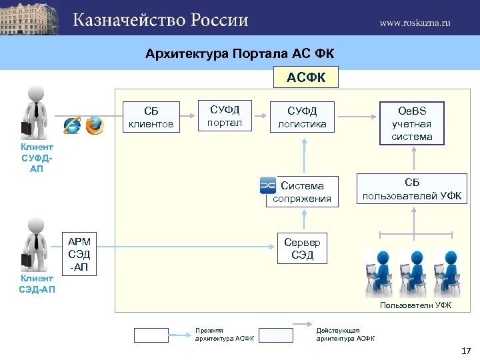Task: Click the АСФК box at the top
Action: (306, 77)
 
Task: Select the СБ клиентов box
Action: (151, 117)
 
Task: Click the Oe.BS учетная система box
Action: (411, 123)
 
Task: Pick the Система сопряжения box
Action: (301, 192)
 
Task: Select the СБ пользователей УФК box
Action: (412, 189)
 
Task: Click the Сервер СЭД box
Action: (302, 249)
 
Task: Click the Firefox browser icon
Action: (95, 125)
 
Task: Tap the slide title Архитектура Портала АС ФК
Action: (239, 53)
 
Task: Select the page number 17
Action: (465, 351)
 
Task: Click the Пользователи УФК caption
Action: (415, 305)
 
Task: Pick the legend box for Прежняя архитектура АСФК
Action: (151, 335)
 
